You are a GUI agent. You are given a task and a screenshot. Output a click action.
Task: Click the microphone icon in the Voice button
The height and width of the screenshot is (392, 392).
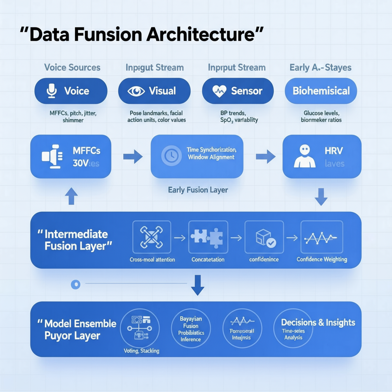pyautogui.click(x=51, y=91)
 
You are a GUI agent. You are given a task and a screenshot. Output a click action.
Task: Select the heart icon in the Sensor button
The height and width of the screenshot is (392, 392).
pyautogui.click(x=220, y=91)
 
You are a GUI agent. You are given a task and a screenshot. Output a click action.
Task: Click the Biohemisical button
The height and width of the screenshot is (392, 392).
pyautogui.click(x=321, y=91)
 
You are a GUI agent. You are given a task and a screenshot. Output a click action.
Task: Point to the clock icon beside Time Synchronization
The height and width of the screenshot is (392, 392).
pyautogui.click(x=169, y=155)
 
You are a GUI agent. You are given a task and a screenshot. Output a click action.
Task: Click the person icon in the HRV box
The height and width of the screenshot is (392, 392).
pyautogui.click(x=304, y=156)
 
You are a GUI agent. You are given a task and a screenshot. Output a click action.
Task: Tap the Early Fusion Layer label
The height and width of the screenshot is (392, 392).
pyautogui.click(x=198, y=190)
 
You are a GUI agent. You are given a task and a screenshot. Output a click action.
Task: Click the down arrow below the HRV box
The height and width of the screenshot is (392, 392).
pyautogui.click(x=321, y=196)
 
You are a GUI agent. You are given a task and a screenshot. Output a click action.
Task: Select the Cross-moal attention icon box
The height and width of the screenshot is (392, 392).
pyautogui.click(x=152, y=237)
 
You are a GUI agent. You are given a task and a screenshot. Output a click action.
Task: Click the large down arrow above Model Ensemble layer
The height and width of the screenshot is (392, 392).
pyautogui.click(x=198, y=285)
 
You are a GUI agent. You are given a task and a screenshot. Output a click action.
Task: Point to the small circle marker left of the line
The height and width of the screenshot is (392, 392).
pyautogui.click(x=76, y=284)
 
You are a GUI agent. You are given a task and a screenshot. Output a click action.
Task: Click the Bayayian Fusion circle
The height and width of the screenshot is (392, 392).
pyautogui.click(x=191, y=328)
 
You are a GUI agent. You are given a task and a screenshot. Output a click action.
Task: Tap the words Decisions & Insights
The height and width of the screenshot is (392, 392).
pyautogui.click(x=318, y=322)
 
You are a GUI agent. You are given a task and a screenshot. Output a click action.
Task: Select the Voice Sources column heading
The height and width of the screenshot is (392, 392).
pyautogui.click(x=72, y=68)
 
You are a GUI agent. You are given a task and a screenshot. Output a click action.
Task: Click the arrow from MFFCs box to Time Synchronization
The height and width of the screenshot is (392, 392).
pyautogui.click(x=132, y=156)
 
